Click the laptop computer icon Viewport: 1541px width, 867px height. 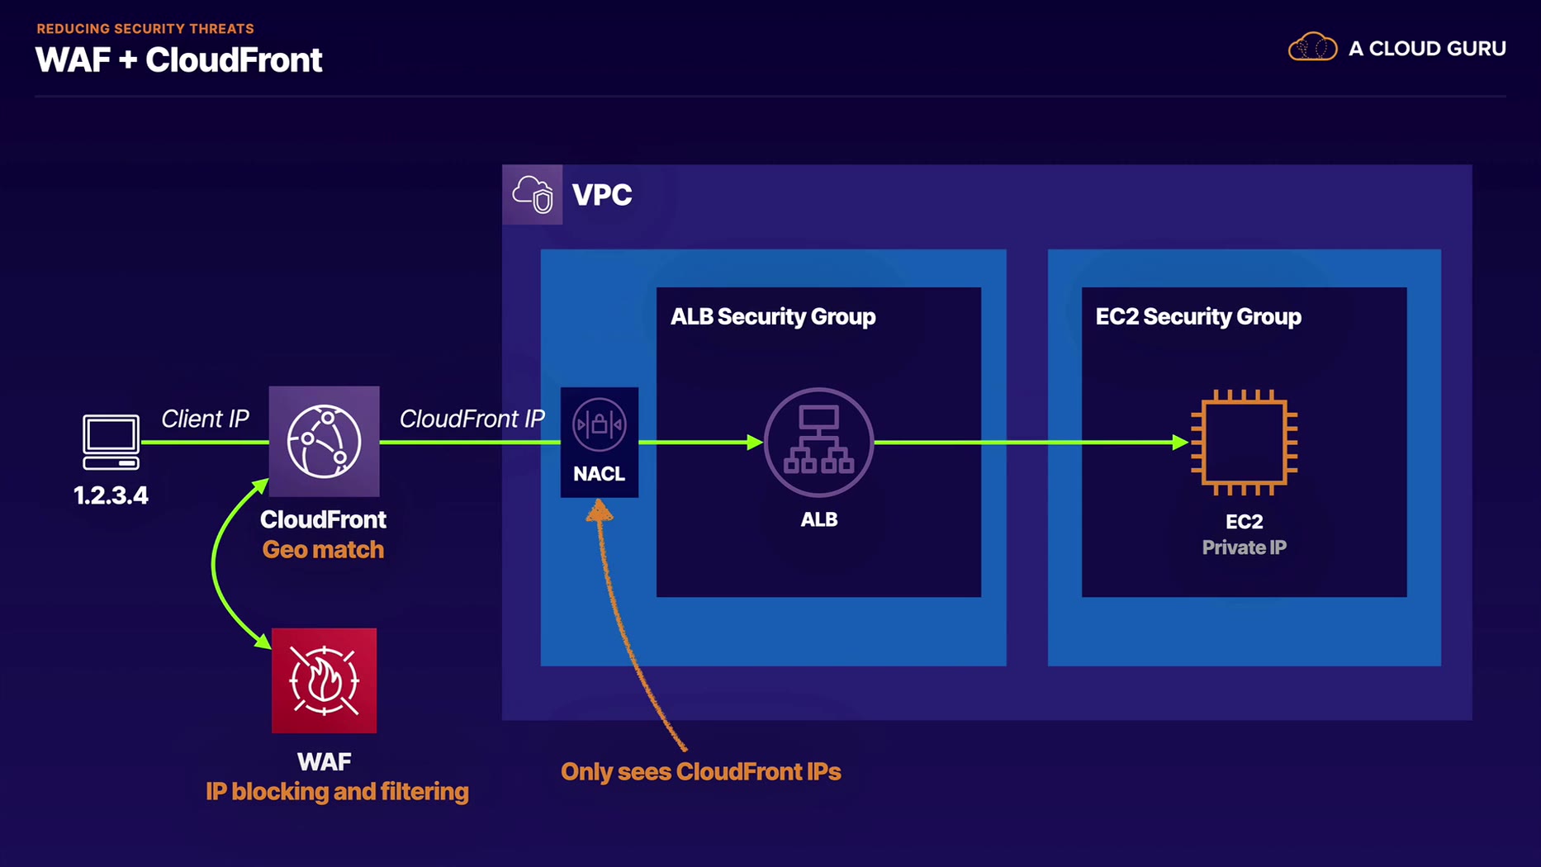(x=111, y=442)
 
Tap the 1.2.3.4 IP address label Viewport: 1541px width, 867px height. (x=111, y=495)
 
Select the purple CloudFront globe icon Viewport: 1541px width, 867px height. (x=324, y=441)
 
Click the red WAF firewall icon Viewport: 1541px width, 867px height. (x=324, y=680)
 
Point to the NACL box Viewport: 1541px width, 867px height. (x=600, y=442)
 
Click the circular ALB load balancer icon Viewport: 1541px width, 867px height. (x=818, y=442)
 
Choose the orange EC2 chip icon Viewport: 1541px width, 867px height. (x=1244, y=442)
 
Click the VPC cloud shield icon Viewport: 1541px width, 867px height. (x=533, y=195)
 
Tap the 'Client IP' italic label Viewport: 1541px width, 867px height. (x=205, y=419)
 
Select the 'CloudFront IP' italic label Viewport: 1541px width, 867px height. (x=472, y=419)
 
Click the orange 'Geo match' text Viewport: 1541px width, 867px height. (x=323, y=550)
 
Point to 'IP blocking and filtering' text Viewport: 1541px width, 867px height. (x=337, y=792)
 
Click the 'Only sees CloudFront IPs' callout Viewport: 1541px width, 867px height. (x=700, y=772)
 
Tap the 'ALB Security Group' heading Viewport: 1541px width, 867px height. (x=773, y=317)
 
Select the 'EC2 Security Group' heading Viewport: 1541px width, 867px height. (x=1198, y=317)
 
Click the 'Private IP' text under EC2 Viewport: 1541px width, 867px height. (x=1244, y=547)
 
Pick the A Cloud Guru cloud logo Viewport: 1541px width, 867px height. (x=1312, y=48)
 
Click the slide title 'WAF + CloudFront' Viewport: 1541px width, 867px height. (x=178, y=60)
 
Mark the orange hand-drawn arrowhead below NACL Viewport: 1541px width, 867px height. (x=600, y=512)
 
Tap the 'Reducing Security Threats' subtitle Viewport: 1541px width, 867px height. (x=145, y=29)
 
